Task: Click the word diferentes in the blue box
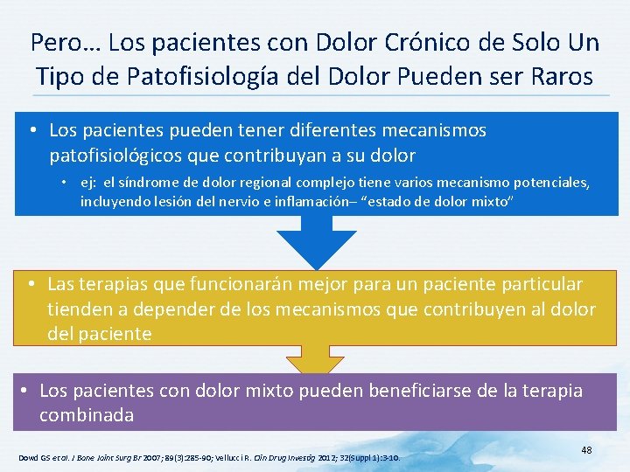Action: pos(329,130)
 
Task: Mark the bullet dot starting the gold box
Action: pos(30,284)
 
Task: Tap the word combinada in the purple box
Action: pos(87,414)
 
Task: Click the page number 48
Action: pos(586,449)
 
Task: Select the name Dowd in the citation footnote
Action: pos(28,457)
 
